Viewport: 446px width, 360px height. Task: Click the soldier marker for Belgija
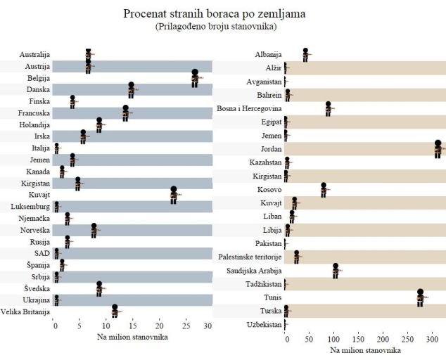click(195, 78)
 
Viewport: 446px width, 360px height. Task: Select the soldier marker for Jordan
click(438, 148)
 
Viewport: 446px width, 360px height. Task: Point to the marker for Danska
click(132, 89)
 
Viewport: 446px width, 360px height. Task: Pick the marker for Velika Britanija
click(115, 311)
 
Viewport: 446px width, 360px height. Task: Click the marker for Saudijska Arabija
click(336, 271)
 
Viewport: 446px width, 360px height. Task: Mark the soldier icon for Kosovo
click(324, 190)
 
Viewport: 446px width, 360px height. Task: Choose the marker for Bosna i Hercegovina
click(328, 108)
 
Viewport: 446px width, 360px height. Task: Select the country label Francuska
click(33, 113)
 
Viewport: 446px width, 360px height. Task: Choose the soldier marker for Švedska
click(100, 288)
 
